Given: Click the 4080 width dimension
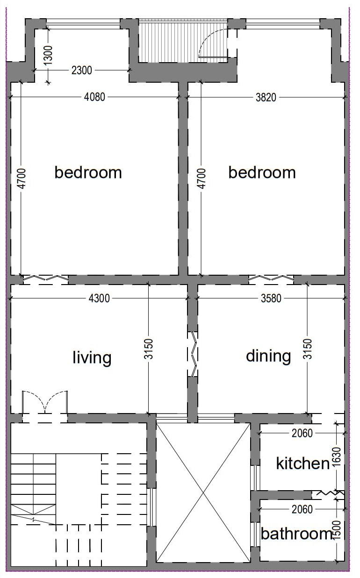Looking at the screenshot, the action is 94,97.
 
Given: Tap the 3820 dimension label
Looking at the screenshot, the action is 266,98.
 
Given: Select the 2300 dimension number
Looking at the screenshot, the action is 82,70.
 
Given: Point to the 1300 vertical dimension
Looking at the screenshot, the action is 48,55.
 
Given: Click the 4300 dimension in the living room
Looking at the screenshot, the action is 99,298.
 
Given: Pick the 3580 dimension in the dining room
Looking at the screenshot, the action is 271,298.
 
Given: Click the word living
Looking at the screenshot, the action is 92,357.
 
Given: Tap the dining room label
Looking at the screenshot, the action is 268,356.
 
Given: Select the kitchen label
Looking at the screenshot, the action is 303,464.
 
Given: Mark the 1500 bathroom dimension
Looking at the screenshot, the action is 337,530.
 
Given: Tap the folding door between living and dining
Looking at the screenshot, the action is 194,354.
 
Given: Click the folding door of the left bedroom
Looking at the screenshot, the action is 46,278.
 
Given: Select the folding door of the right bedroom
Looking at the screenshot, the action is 271,278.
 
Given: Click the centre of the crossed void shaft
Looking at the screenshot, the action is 203,493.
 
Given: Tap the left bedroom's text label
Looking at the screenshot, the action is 88,172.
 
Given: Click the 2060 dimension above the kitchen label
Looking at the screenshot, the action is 302,433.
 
